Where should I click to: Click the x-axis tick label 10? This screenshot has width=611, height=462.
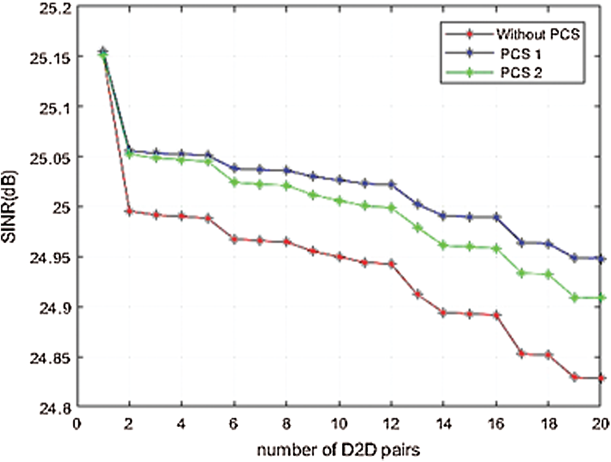point(339,423)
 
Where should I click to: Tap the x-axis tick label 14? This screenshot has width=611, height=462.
point(444,423)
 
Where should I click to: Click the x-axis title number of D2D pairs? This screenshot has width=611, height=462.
point(338,448)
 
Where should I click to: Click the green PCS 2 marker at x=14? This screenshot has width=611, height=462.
point(444,245)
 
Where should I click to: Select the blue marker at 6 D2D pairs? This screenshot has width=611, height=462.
point(234,168)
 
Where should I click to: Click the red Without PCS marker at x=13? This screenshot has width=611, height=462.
point(418,294)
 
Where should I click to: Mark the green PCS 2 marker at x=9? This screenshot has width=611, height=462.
point(313,194)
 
